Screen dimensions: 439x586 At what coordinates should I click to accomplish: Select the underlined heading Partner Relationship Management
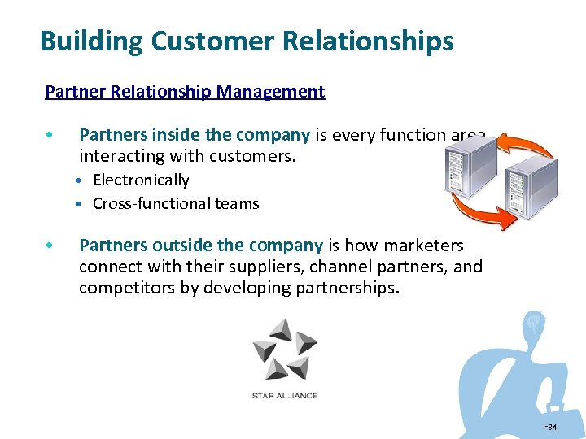click(185, 92)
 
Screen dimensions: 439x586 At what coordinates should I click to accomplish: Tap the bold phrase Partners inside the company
click(195, 135)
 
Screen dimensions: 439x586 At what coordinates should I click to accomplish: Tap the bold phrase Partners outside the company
click(201, 246)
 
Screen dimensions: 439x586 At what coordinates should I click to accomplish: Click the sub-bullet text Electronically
click(141, 180)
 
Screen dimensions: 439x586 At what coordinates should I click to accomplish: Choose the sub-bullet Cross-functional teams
click(176, 204)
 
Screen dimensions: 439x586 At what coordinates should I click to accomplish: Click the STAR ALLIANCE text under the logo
click(284, 396)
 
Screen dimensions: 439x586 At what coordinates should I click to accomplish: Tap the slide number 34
click(551, 428)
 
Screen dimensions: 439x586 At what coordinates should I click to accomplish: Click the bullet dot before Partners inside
click(50, 136)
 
